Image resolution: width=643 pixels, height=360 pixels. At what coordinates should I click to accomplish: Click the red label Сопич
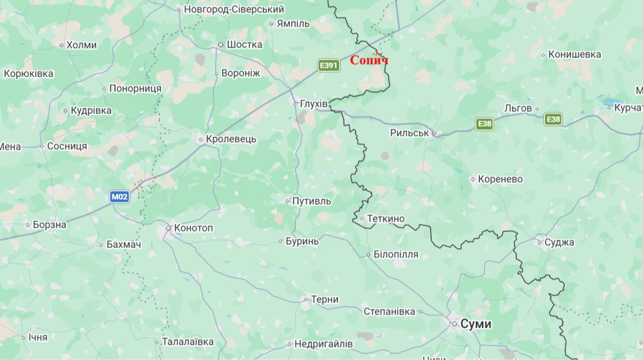click(369, 61)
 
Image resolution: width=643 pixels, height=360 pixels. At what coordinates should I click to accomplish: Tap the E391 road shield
click(328, 65)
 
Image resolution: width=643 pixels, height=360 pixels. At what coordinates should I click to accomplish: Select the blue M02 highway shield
click(120, 197)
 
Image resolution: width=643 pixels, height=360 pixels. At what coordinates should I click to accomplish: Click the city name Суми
click(476, 324)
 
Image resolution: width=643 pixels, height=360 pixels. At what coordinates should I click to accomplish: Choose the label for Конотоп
click(192, 228)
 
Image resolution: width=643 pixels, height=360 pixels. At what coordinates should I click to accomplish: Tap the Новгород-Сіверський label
click(234, 9)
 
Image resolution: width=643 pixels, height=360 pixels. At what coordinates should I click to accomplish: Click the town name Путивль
click(311, 201)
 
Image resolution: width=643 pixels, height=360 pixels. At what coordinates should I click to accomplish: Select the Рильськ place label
click(409, 133)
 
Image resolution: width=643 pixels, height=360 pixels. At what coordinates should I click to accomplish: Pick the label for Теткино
click(386, 219)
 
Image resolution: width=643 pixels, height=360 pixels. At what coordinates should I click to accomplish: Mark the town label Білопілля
click(396, 254)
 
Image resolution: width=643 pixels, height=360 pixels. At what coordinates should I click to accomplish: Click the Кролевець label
click(231, 139)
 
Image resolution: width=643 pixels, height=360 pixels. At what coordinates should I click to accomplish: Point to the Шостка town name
click(244, 44)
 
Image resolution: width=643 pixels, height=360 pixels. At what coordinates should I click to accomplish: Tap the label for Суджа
click(559, 242)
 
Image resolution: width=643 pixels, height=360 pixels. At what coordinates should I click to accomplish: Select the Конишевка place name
click(575, 54)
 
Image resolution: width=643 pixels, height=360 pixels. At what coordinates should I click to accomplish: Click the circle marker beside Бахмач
click(101, 245)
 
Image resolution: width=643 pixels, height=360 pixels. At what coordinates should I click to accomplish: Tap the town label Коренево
click(500, 179)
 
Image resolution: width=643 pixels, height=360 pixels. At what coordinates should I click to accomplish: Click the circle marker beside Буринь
click(281, 242)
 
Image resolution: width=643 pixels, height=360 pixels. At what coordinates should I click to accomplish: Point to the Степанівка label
click(389, 311)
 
